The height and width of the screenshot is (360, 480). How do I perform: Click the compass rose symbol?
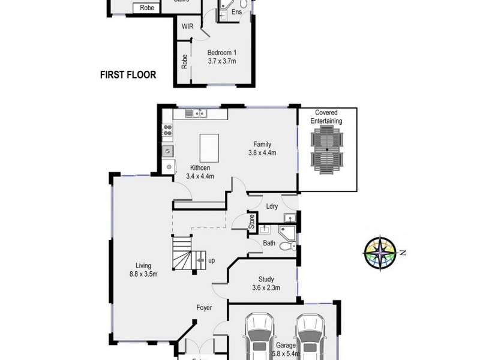(379, 251)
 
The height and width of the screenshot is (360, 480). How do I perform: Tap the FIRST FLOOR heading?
(128, 75)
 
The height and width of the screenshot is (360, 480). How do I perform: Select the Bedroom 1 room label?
(221, 52)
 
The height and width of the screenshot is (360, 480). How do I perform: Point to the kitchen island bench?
(208, 145)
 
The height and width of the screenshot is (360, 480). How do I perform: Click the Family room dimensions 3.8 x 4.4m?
(262, 152)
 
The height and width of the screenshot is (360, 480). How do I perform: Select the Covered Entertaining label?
(326, 116)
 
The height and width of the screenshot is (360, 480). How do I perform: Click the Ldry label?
(271, 206)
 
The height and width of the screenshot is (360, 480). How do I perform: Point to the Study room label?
(266, 278)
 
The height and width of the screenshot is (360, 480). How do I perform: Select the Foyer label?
(205, 308)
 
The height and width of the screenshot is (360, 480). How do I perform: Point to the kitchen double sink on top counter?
(196, 113)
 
